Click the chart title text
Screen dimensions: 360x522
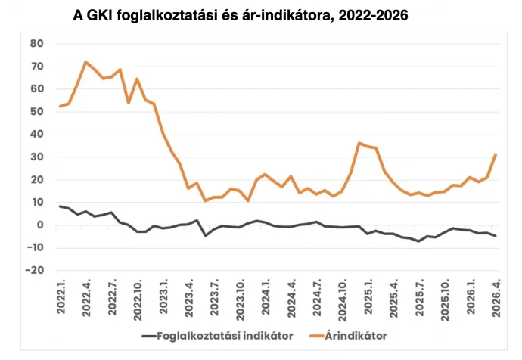tap(241, 14)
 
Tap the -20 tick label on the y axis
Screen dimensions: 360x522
tap(35, 270)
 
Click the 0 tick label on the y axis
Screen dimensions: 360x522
tap(41, 225)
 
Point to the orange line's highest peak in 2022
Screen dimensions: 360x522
tap(85, 62)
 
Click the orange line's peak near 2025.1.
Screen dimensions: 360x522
tap(359, 143)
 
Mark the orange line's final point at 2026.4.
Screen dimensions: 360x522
tap(496, 154)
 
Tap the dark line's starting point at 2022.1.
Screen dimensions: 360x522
tap(60, 206)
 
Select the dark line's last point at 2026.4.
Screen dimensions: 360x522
tap(496, 236)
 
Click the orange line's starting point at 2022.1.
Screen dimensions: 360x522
tap(60, 107)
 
